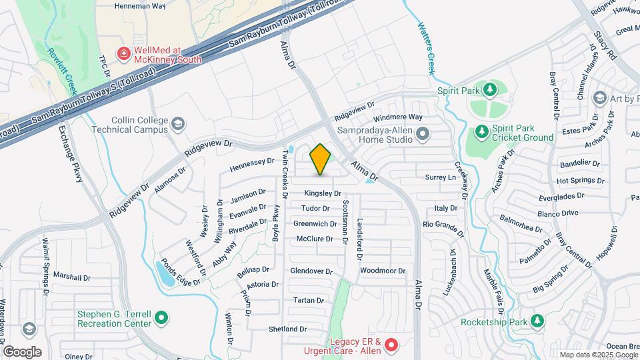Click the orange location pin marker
[321, 159]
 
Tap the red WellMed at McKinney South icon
[123, 53]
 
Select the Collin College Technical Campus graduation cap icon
[178, 124]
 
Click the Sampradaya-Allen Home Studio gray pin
[422, 135]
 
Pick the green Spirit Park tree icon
[491, 90]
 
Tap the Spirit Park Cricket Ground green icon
[481, 133]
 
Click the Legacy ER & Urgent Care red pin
[391, 345]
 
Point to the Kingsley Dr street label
[323, 193]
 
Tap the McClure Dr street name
[315, 239]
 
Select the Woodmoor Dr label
[383, 271]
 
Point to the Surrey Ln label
[441, 177]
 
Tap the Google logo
[22, 351]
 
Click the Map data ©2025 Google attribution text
[599, 355]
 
